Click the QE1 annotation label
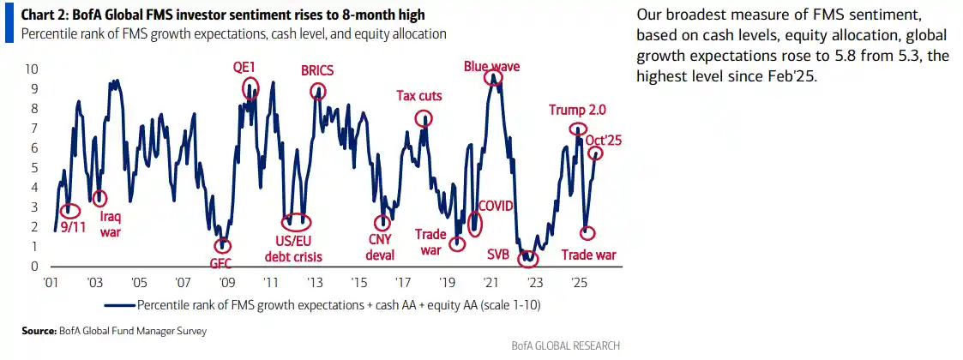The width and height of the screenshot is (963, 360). [x=244, y=67]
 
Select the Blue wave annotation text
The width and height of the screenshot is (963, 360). [x=492, y=66]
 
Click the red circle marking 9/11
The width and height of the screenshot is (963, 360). [x=70, y=210]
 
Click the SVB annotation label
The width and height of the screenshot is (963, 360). [x=498, y=254]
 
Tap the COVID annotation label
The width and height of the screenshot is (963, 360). [x=495, y=206]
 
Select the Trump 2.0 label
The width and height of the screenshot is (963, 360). [x=578, y=110]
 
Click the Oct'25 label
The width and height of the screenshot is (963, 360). [x=603, y=139]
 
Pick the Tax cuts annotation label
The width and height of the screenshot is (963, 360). [x=419, y=96]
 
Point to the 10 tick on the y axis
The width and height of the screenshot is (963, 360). [x=32, y=69]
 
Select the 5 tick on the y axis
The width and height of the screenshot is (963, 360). [x=34, y=168]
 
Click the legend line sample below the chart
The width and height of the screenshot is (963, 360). [x=119, y=304]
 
